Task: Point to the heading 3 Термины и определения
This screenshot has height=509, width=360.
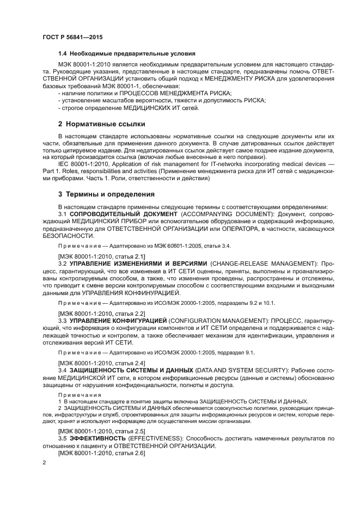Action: pos(106,194)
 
